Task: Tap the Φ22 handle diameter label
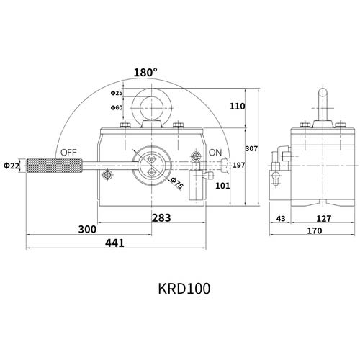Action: (x=11, y=166)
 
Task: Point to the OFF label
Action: (x=69, y=153)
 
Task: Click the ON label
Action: (x=215, y=153)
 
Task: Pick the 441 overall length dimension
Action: (x=114, y=243)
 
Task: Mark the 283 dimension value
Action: (x=161, y=217)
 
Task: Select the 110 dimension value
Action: (x=237, y=106)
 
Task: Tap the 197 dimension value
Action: (x=239, y=166)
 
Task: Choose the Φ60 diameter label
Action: (x=117, y=107)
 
